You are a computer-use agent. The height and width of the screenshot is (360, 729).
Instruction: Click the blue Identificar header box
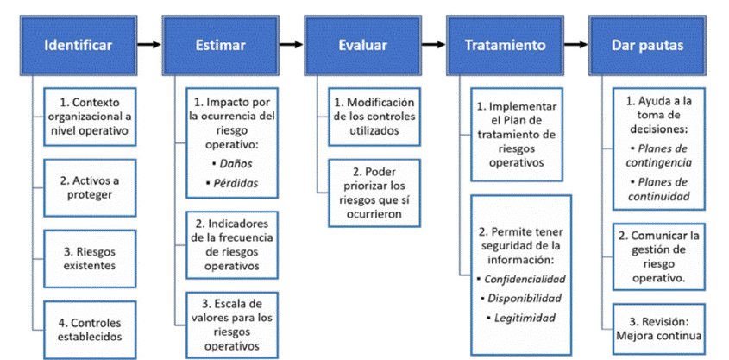tap(79, 45)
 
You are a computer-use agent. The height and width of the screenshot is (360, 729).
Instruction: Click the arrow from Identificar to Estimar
tap(149, 45)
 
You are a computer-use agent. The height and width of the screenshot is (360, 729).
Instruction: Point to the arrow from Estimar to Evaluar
tap(292, 45)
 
